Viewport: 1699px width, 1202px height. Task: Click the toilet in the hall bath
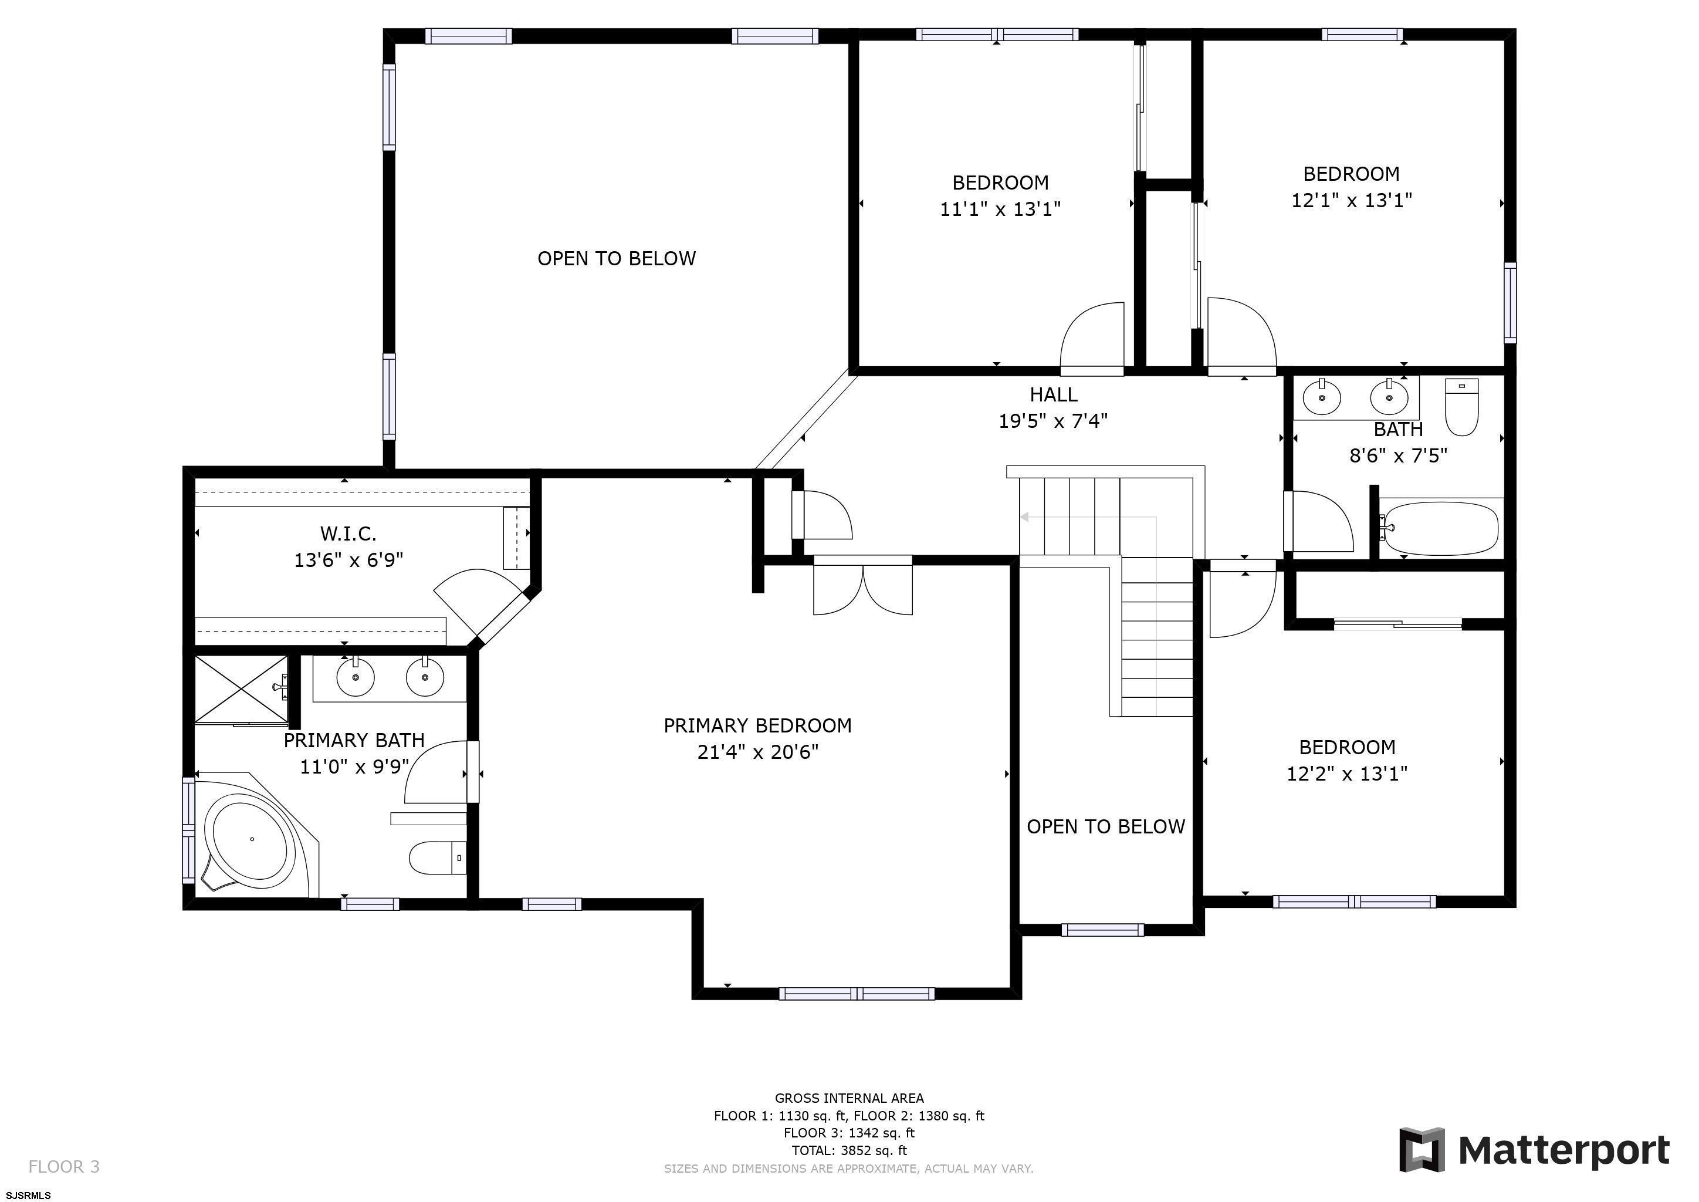point(1461,407)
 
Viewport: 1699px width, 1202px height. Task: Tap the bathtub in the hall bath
point(1441,528)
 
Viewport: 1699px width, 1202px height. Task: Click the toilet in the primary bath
point(437,857)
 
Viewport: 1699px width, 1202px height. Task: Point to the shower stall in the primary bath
point(241,688)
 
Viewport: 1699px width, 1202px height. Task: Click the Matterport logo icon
point(1422,1149)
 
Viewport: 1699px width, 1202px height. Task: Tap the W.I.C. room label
point(348,533)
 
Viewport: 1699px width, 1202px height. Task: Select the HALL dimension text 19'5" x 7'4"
point(1053,421)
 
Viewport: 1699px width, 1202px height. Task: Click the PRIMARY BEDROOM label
point(757,725)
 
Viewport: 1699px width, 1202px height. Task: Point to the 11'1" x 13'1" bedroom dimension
point(1000,209)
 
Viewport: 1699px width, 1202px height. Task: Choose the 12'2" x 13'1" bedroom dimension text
point(1347,774)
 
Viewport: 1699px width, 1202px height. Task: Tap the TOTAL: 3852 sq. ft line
point(849,1150)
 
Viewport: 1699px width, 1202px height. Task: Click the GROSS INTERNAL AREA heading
point(849,1098)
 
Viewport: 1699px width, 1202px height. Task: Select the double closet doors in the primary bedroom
point(863,587)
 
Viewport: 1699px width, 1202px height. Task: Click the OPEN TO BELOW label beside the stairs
point(1105,827)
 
